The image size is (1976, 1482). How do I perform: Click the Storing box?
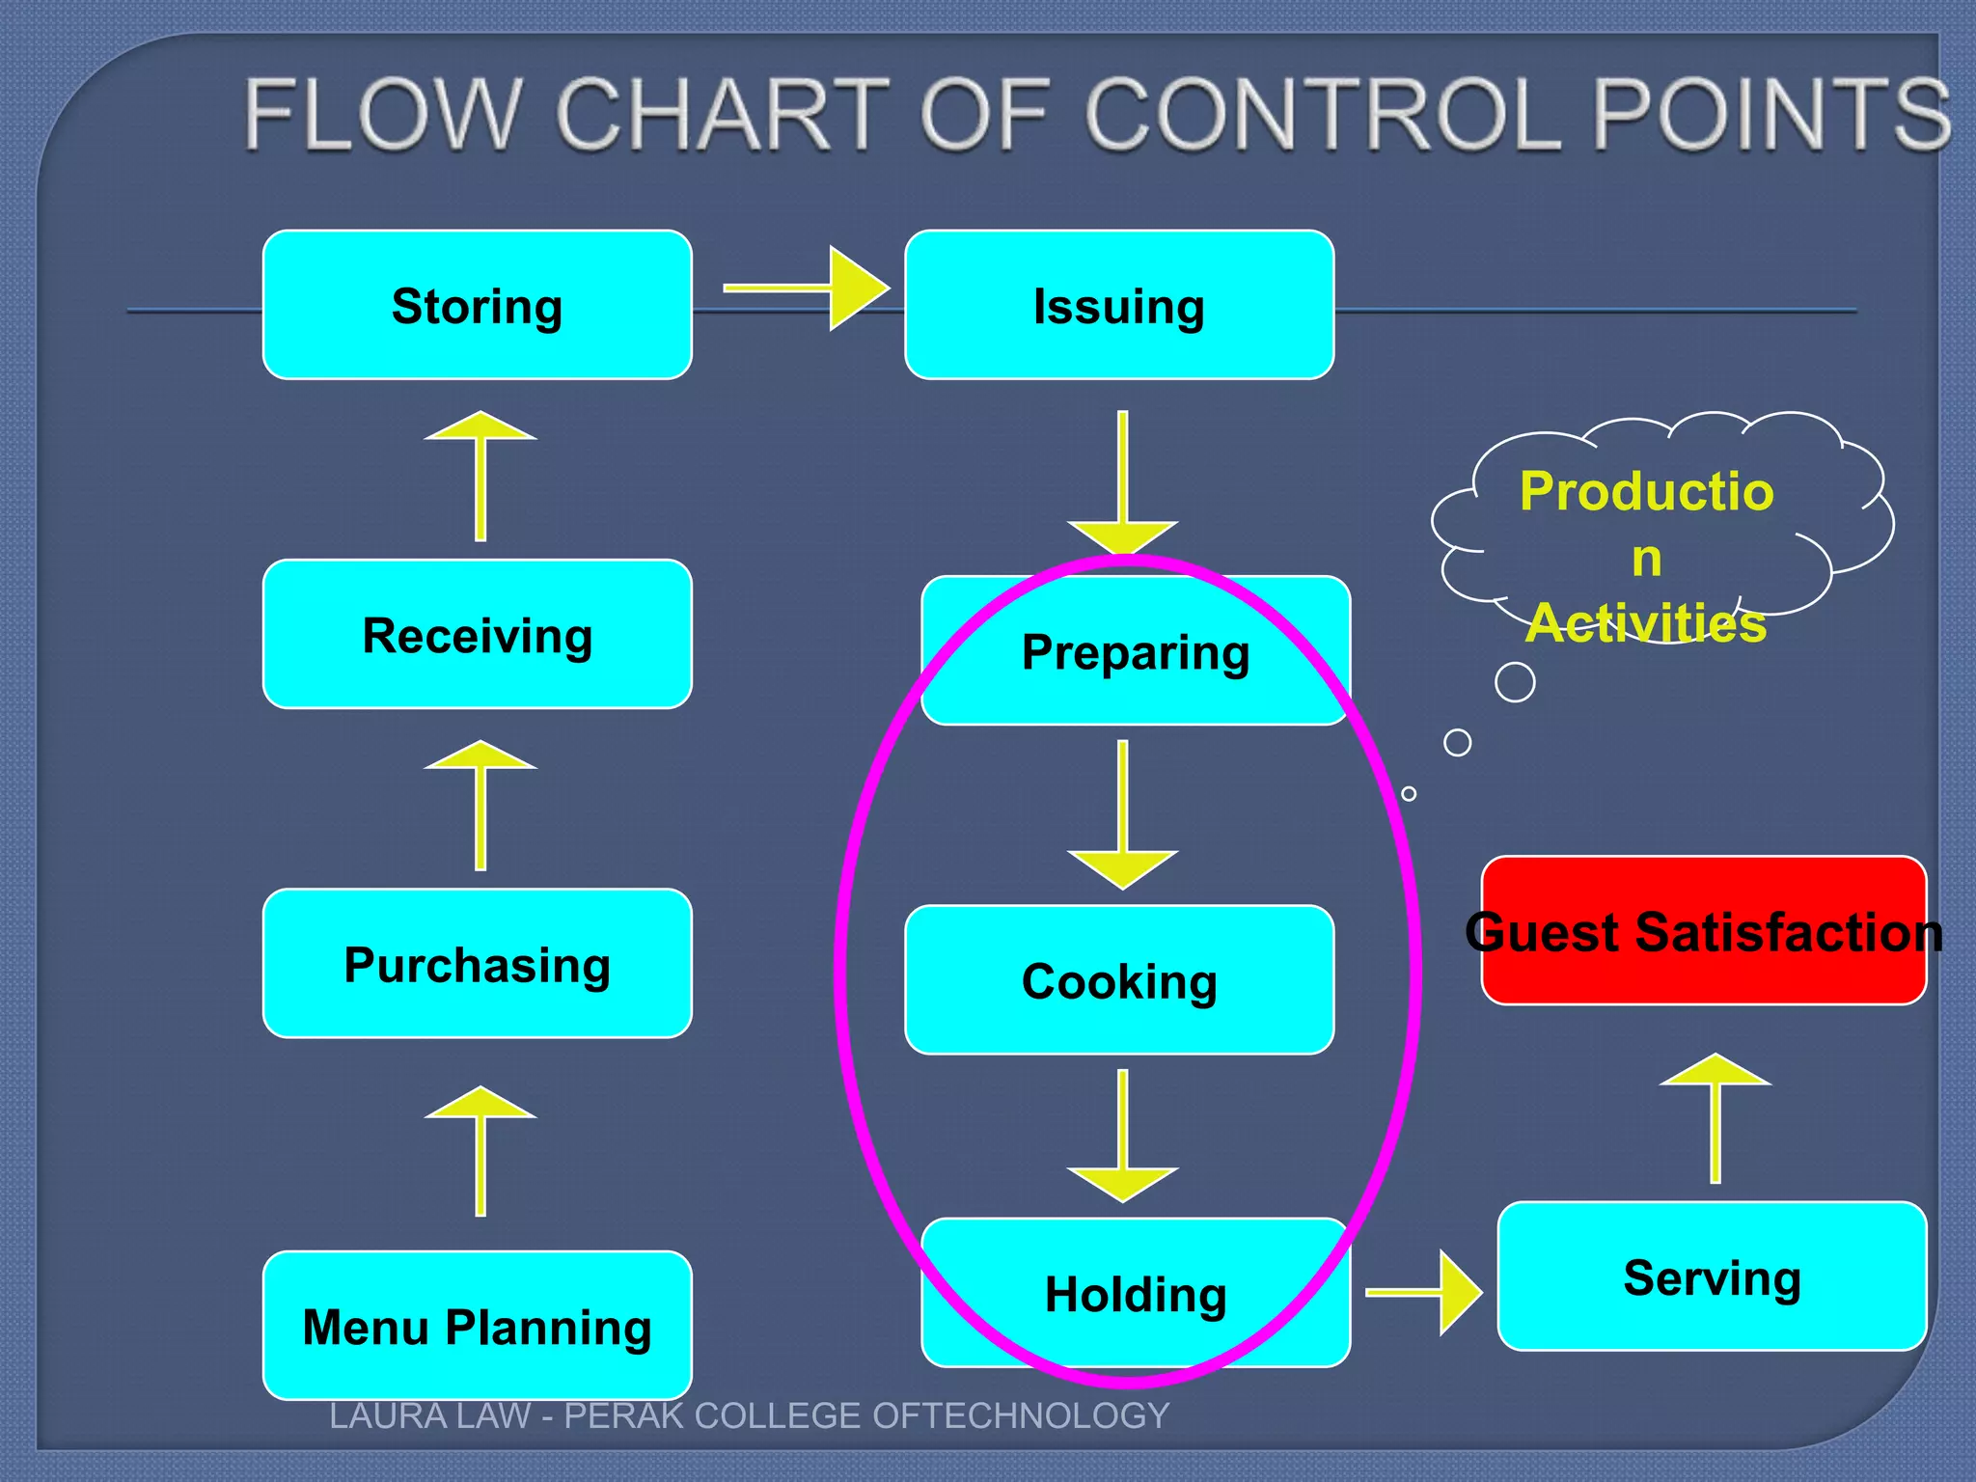point(477,305)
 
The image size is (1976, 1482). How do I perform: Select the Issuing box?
point(1119,305)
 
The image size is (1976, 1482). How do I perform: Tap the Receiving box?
point(477,634)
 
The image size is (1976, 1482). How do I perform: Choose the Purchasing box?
point(477,963)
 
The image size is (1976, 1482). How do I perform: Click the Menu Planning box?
point(477,1325)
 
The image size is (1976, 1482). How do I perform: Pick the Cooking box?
point(1119,979)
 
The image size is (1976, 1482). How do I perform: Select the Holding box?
point(1136,1293)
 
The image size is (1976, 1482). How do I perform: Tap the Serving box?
point(1712,1276)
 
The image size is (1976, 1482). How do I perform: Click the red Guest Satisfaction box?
point(1704,930)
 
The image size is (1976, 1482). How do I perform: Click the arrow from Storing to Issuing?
point(806,288)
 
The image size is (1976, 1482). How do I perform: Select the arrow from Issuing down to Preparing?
point(1122,482)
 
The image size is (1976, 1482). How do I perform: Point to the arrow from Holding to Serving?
point(1424,1292)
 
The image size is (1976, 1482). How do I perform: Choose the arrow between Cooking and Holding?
point(1122,1135)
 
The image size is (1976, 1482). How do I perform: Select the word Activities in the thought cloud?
point(1646,622)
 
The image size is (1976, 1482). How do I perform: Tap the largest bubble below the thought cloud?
point(1515,682)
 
